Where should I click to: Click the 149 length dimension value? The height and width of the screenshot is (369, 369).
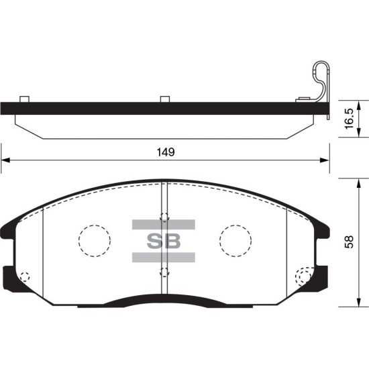click(x=166, y=152)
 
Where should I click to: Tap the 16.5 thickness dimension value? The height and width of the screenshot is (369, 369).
click(x=350, y=118)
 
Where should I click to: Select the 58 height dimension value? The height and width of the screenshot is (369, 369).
click(x=350, y=242)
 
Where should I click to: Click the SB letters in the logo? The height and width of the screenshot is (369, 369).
click(x=164, y=241)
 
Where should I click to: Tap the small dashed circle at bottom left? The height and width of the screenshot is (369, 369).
click(x=25, y=276)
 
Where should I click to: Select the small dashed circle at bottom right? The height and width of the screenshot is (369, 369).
click(x=305, y=277)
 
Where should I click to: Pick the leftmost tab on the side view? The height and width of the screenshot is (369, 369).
click(x=24, y=99)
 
